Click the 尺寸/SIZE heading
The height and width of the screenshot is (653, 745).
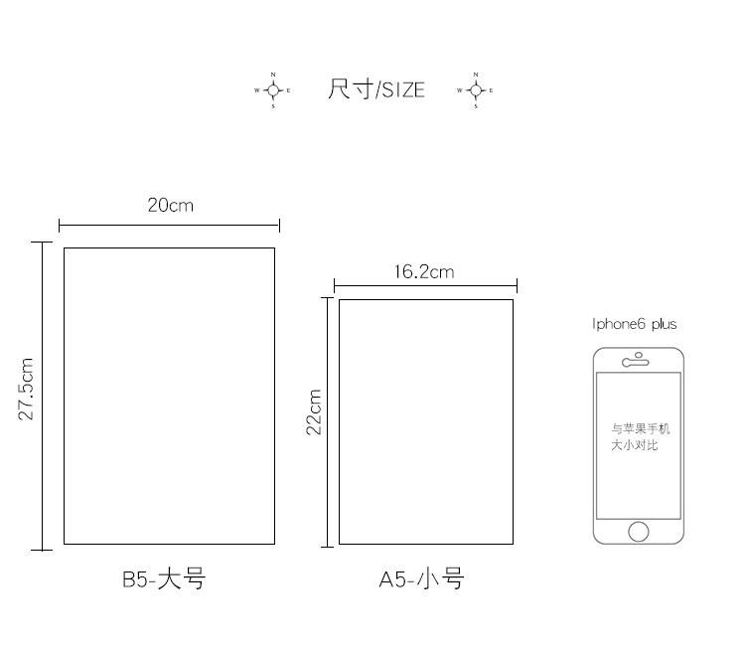click(375, 89)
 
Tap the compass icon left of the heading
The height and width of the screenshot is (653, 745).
click(273, 90)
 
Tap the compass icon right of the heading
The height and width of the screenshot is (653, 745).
click(475, 90)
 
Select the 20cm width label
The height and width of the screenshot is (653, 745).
click(170, 206)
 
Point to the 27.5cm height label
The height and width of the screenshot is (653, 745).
click(27, 389)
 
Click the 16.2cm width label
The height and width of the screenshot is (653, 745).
click(423, 271)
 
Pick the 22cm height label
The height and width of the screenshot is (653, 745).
click(314, 411)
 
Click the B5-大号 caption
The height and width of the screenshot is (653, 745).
click(164, 579)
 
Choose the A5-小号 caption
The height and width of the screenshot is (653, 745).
click(421, 579)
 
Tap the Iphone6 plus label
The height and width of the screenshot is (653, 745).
click(634, 324)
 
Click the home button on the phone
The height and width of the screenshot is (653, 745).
click(638, 532)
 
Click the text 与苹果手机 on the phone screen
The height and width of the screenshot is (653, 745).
click(640, 429)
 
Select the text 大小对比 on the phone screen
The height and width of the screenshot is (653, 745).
click(634, 445)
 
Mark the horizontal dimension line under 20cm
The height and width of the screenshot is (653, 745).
click(169, 226)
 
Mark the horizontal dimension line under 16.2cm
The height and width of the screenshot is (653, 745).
click(425, 286)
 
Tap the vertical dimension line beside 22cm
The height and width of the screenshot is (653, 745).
click(327, 421)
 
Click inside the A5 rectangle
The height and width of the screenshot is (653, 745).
click(425, 421)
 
